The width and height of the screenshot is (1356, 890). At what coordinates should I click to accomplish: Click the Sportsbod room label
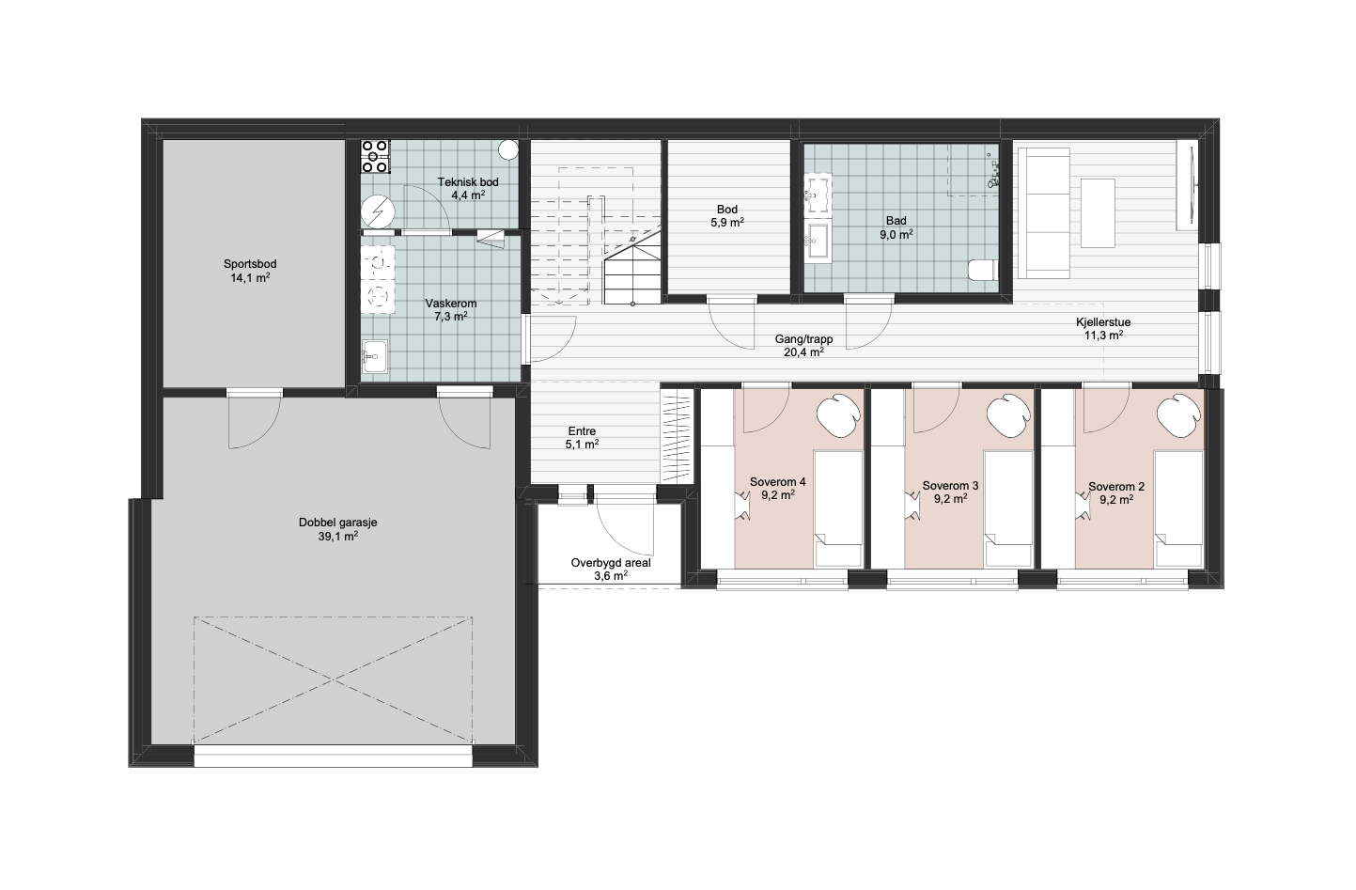[x=250, y=264]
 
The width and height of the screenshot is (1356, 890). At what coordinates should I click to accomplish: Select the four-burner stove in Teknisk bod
[x=375, y=157]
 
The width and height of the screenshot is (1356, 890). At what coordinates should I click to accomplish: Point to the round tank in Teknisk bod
[x=509, y=149]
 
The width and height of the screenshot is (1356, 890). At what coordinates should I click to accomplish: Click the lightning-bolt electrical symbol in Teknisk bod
[x=379, y=211]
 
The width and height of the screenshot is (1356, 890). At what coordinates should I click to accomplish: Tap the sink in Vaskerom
[x=375, y=356]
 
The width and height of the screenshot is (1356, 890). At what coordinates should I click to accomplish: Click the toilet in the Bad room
[x=983, y=271]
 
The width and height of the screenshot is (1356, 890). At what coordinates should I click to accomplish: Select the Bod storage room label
[x=727, y=210]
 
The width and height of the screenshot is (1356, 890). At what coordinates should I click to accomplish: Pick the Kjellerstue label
[x=1103, y=322]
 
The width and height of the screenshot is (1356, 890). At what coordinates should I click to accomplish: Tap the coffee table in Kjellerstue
[x=1098, y=212]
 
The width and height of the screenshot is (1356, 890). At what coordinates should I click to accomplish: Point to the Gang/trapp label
[x=803, y=339]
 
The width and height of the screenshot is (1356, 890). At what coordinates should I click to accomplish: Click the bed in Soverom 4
[x=838, y=508]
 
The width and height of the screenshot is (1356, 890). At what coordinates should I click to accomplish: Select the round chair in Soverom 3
[x=1008, y=415]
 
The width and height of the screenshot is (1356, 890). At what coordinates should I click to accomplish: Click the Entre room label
[x=582, y=431]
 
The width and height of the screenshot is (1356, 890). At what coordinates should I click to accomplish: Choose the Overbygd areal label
[x=611, y=563]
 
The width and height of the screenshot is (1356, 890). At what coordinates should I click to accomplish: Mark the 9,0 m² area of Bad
[x=896, y=235]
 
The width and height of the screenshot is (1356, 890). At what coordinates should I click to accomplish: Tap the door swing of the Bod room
[x=731, y=326]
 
